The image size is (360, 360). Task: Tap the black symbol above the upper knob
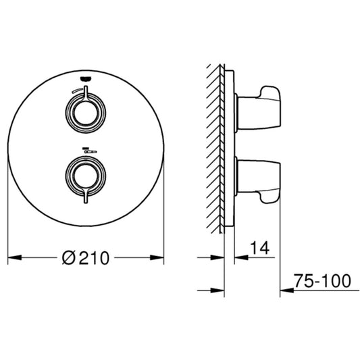pyautogui.click(x=84, y=78)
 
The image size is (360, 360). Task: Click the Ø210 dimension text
pyautogui.click(x=86, y=258)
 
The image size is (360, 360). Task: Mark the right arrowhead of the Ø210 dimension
pyautogui.click(x=160, y=258)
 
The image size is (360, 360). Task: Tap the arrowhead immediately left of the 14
pyautogui.click(x=239, y=258)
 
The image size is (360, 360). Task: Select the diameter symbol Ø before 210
pyautogui.click(x=68, y=258)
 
